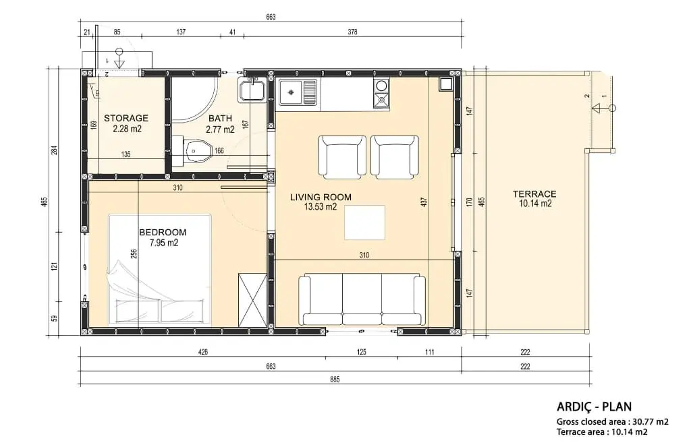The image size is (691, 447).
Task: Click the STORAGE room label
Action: [x=126, y=118]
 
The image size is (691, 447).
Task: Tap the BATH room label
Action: [x=220, y=118]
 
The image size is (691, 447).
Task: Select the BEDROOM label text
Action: [x=163, y=232]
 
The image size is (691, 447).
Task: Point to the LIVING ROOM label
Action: [x=321, y=197]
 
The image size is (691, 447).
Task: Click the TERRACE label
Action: [x=534, y=193]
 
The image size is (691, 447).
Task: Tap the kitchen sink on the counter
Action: [x=297, y=93]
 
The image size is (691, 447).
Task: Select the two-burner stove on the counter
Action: [x=381, y=93]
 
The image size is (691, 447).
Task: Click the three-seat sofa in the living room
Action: [x=362, y=300]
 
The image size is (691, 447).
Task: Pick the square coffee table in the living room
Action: [x=364, y=222]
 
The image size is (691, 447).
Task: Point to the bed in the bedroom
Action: [x=159, y=270]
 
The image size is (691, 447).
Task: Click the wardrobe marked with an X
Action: [x=252, y=300]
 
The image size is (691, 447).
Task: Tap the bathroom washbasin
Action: [x=252, y=90]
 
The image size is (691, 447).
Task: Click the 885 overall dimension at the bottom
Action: [x=335, y=379]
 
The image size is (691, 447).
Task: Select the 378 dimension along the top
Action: [x=352, y=32]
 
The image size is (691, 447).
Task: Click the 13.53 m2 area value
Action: [x=321, y=206]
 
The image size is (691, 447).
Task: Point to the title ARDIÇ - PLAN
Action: [x=594, y=407]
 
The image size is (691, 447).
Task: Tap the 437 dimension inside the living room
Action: [x=424, y=202]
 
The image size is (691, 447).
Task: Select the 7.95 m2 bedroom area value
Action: [x=163, y=243]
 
